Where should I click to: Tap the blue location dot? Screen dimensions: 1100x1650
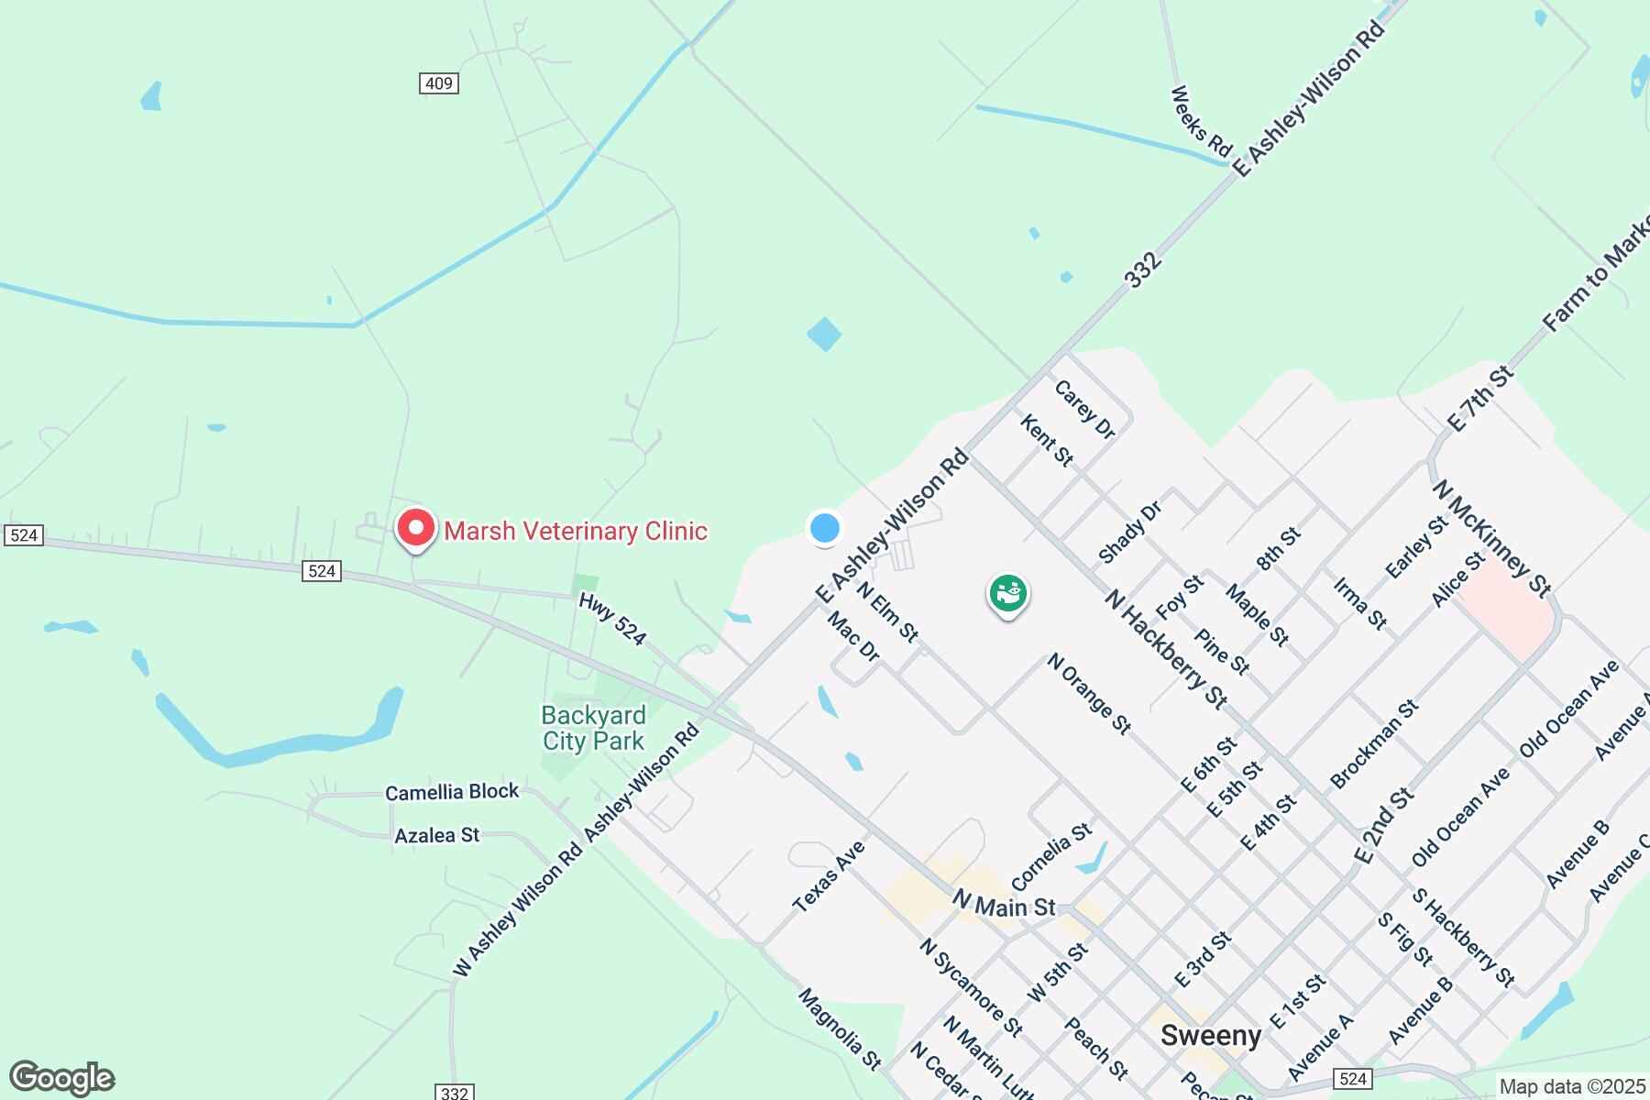825,528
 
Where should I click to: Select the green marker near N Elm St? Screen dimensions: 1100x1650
1007,593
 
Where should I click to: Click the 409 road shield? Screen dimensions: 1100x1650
439,83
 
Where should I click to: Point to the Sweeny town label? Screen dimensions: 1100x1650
1211,1036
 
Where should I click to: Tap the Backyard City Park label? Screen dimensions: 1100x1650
594,728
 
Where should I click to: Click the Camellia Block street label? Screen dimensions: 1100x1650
452,792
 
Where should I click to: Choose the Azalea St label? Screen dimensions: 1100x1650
437,835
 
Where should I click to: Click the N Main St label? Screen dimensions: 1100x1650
1004,905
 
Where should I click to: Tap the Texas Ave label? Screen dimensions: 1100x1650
829,876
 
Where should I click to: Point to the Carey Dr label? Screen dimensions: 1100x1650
1084,409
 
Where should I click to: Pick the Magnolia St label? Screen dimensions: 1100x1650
840,1028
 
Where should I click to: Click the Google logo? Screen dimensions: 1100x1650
62,1078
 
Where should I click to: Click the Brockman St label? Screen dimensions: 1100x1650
1374,743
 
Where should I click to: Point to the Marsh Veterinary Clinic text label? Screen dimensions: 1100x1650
576,531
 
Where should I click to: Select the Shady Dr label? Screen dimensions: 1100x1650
1130,533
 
